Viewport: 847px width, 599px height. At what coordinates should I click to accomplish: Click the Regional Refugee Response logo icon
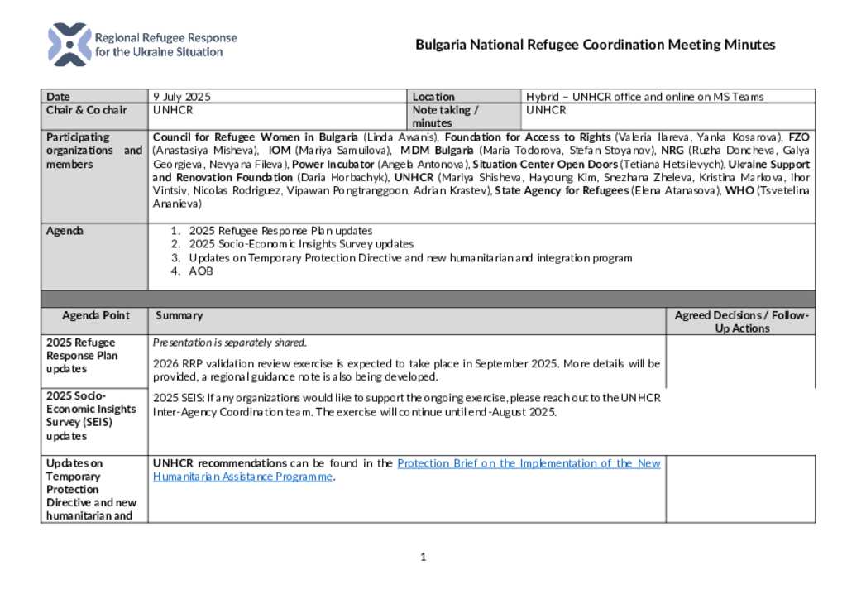coord(69,45)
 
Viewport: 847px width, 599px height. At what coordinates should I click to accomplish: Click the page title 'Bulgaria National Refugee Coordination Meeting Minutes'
coord(595,45)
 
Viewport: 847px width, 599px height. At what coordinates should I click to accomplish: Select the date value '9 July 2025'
coord(183,97)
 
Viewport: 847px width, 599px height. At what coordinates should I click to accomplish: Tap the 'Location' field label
coord(433,97)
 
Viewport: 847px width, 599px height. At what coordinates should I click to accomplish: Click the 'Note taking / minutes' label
coord(445,116)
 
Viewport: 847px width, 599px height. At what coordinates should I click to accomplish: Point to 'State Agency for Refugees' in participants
coord(562,190)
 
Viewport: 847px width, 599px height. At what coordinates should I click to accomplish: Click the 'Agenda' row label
coord(65,231)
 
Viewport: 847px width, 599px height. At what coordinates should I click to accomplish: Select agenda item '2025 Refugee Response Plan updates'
coord(280,231)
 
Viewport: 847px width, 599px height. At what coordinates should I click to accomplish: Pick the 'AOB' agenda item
coord(201,271)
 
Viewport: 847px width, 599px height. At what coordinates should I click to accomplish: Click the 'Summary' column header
coord(179,315)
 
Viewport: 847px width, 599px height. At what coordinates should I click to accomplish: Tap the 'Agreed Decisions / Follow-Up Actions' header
coord(741,322)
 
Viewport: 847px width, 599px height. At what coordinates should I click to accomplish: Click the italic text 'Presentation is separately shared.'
coord(230,343)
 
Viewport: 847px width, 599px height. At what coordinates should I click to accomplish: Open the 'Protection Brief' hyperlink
coord(529,463)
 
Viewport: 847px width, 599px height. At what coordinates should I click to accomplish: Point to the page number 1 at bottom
coord(423,557)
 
